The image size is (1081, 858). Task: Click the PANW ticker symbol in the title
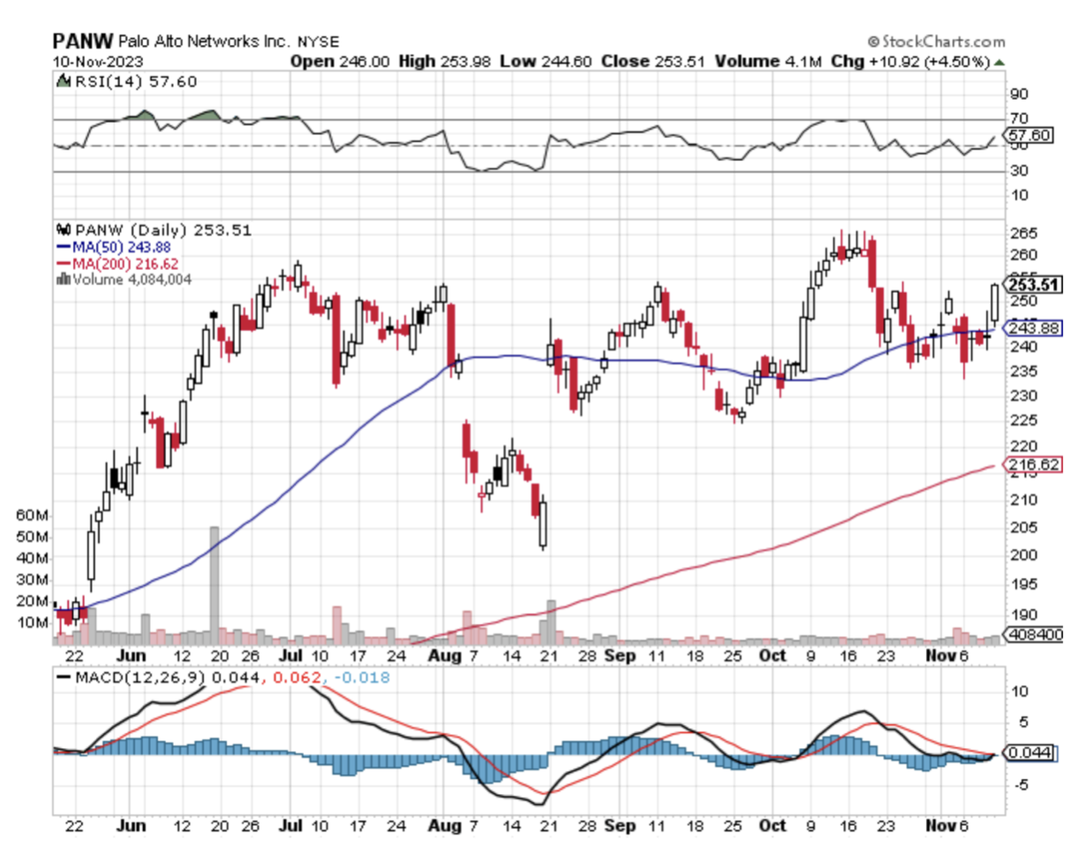[x=82, y=41]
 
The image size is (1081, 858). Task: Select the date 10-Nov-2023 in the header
[x=98, y=61]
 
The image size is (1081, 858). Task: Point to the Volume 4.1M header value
[x=768, y=61]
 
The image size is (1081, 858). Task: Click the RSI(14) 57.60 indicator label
[x=128, y=82]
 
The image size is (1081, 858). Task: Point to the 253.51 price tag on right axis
[x=1032, y=284]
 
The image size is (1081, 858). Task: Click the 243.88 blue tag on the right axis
[x=1032, y=328]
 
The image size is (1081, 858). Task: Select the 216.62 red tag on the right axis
[x=1032, y=465]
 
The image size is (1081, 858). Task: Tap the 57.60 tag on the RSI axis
[x=1029, y=135]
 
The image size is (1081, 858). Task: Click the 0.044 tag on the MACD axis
[x=1029, y=752]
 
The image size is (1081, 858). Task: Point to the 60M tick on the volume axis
[x=32, y=515]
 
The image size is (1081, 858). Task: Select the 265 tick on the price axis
[x=1022, y=233]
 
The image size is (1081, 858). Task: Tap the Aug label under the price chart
[x=444, y=655]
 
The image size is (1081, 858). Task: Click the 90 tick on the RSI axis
[x=1018, y=94]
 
